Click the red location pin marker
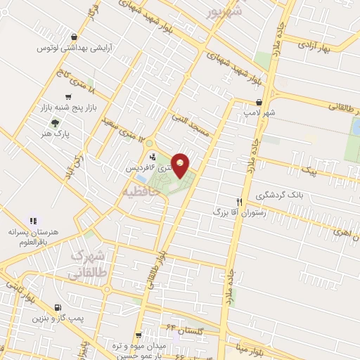tap(181, 166)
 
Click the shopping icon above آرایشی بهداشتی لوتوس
tap(75, 37)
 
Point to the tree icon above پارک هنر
tap(66, 121)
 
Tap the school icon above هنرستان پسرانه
tap(30, 221)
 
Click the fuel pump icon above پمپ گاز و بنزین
tap(58, 307)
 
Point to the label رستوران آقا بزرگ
tap(240, 211)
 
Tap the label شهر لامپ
tap(266, 112)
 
